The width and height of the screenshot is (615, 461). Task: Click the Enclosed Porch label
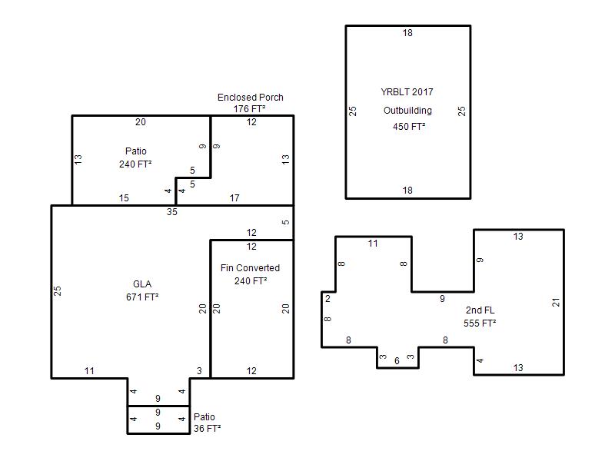(x=251, y=98)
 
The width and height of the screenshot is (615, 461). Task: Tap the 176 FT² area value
(x=249, y=108)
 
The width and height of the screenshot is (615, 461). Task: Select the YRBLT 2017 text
(x=407, y=92)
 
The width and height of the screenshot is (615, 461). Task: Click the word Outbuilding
(x=407, y=111)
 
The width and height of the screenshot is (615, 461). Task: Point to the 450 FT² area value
(x=409, y=127)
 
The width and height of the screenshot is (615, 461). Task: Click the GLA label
(x=142, y=284)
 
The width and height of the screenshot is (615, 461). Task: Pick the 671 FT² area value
(x=142, y=297)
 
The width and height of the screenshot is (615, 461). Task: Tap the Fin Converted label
(x=250, y=268)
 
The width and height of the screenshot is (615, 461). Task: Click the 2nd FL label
(x=480, y=310)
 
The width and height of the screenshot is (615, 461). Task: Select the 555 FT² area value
(x=480, y=323)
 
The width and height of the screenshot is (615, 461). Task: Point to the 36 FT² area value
(x=207, y=429)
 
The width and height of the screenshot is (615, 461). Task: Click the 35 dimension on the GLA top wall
(x=171, y=212)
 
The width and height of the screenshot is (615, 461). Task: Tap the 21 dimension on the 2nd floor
(x=556, y=302)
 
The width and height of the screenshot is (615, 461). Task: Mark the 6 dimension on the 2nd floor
(x=397, y=360)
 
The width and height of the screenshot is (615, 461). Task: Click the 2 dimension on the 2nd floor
(x=328, y=299)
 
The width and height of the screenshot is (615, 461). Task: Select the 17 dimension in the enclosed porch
(x=234, y=198)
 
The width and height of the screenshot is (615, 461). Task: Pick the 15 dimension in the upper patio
(x=124, y=198)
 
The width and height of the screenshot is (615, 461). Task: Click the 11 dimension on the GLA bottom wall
(x=89, y=371)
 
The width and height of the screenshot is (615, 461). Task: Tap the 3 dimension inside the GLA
(x=199, y=371)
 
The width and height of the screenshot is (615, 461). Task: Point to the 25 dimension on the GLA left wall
(x=57, y=291)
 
